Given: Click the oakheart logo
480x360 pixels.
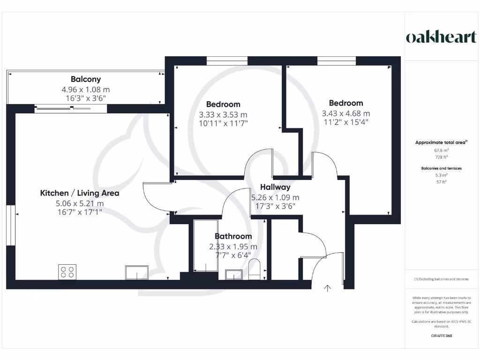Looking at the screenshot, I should point(441,37).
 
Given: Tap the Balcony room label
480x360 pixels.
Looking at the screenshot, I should point(86,79).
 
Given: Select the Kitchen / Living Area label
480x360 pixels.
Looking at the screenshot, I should point(80,193).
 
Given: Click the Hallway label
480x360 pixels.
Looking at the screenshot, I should point(275,187).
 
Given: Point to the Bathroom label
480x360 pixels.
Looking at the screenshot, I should point(233,236).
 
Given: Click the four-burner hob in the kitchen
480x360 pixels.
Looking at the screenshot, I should point(67,272).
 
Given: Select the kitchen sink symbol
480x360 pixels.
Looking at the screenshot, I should point(136,272).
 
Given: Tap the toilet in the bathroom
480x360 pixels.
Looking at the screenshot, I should point(254,270).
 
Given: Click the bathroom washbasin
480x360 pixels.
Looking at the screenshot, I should point(233,274).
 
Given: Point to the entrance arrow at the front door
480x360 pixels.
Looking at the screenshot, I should point(327,288).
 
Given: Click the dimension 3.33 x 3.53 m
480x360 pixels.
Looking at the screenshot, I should point(223,114).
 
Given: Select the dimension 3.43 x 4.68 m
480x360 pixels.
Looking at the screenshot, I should point(345,113).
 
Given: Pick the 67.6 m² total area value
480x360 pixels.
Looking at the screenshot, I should point(441,150).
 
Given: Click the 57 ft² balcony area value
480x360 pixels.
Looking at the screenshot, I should point(441,182).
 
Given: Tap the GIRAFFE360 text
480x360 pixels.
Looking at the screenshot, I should point(441,336).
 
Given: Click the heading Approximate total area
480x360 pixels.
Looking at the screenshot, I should point(441,142).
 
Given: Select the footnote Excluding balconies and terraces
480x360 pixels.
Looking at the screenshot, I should point(441,279).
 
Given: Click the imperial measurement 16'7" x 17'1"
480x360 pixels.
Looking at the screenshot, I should point(80,212).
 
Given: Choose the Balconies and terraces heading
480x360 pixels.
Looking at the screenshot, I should point(441,167).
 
